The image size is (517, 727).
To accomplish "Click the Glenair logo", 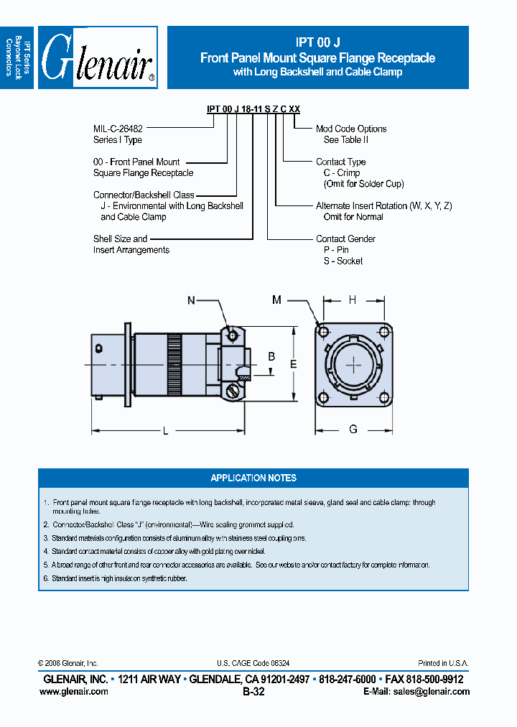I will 98,58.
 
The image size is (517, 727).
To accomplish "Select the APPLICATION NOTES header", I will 253,478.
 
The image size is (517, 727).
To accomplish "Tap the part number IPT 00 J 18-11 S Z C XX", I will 253,108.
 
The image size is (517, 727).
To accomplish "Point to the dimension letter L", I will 165,430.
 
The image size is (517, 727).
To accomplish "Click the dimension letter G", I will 353,430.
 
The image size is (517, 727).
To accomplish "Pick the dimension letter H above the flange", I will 353,300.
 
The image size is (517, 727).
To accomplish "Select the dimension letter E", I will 293,365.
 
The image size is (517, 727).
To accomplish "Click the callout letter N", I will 192,301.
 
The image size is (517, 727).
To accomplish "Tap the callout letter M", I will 277,300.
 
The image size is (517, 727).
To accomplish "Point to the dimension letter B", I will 271,357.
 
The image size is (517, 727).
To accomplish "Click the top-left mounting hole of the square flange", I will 324,332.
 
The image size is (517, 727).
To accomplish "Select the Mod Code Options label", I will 351,129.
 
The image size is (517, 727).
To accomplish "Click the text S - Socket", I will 343,261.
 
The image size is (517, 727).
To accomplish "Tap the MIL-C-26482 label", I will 123,129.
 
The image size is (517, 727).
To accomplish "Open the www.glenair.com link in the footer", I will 74,692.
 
